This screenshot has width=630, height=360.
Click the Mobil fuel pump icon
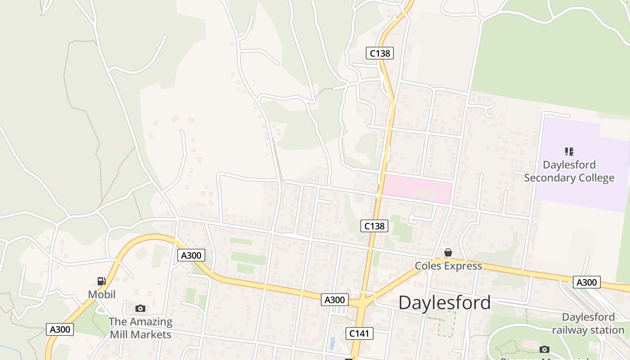coord(102,281)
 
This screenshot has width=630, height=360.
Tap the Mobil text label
coord(102,294)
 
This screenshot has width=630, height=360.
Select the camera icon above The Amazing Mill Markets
coord(140,308)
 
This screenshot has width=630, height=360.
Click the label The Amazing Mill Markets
coord(140,328)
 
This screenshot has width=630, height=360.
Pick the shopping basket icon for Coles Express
coord(448,253)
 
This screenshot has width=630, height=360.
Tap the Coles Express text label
coord(448,266)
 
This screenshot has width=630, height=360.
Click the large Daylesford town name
coord(445,303)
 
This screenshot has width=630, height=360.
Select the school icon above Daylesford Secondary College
coord(569,152)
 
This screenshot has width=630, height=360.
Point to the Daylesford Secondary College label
coord(569,171)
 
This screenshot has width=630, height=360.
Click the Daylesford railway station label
coord(588,324)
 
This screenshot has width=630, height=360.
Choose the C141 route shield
coord(360,333)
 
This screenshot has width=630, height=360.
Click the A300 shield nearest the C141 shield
coord(335,300)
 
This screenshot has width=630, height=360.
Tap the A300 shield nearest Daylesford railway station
coord(587,282)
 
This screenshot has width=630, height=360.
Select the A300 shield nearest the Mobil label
coord(59,329)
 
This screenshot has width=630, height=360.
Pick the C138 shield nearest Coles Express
coord(374,226)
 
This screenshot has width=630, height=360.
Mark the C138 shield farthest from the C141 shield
coord(379,53)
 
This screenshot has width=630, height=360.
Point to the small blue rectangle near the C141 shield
coord(333,343)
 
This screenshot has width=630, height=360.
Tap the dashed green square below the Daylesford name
coord(441,324)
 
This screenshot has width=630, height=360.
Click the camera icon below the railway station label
coord(544,349)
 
